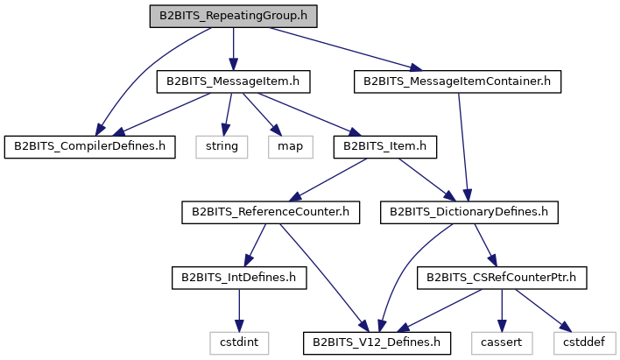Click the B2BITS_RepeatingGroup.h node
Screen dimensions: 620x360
click(x=233, y=17)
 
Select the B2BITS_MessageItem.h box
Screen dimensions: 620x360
click(x=233, y=81)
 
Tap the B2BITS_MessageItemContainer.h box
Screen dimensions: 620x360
click(x=457, y=81)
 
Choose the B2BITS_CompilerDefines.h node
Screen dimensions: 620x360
click(x=89, y=147)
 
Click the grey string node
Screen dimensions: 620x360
click(x=222, y=147)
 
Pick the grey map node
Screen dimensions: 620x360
click(x=291, y=147)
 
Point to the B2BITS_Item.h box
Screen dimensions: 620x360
click(x=385, y=147)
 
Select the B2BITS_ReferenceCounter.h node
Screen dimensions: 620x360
click(x=271, y=213)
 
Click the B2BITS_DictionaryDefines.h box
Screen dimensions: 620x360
click(x=469, y=213)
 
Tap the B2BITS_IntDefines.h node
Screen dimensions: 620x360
click(x=239, y=278)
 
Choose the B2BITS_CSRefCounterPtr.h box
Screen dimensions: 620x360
click(x=502, y=278)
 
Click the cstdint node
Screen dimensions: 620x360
click(x=239, y=343)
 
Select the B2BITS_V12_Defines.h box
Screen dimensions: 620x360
click(x=377, y=343)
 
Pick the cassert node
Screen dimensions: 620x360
click(x=502, y=343)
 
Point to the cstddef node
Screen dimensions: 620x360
click(x=584, y=343)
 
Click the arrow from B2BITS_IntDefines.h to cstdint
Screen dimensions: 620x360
click(x=239, y=311)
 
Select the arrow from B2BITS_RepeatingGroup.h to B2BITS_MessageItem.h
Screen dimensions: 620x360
click(x=233, y=49)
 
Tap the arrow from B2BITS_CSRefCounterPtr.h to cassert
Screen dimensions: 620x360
click(x=502, y=311)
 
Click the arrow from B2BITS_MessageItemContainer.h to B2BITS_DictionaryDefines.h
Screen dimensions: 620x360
click(x=463, y=147)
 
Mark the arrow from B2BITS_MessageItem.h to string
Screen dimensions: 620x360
click(x=228, y=115)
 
